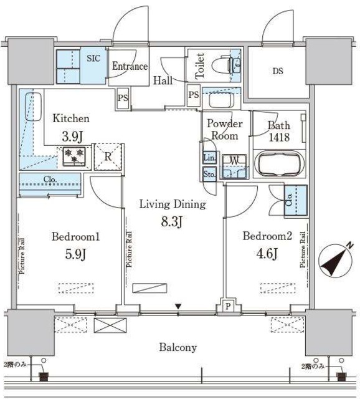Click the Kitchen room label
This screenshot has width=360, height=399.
pyautogui.click(x=71, y=118)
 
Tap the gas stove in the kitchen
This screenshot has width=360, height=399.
pyautogui.click(x=74, y=156)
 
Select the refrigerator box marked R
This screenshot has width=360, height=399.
pyautogui.click(x=107, y=156)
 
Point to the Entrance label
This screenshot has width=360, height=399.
pyautogui.click(x=129, y=66)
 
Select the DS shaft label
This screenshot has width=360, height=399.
pyautogui.click(x=277, y=70)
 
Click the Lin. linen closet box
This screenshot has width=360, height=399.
pyautogui.click(x=209, y=158)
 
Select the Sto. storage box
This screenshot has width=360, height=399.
pyautogui.click(x=209, y=175)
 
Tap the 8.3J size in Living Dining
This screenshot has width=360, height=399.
pyautogui.click(x=171, y=220)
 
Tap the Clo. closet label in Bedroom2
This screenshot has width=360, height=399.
pyautogui.click(x=290, y=202)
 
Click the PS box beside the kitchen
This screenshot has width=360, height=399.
pyautogui.click(x=123, y=98)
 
